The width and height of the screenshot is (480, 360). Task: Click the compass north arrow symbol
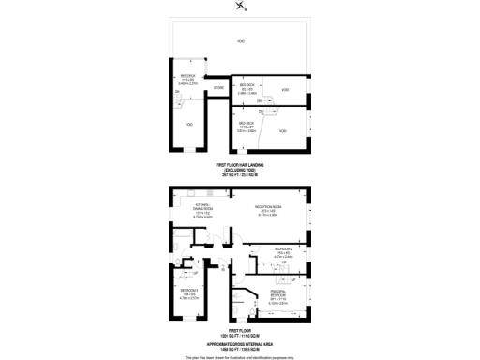pyautogui.click(x=241, y=8)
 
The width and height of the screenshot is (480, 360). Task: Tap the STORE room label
pyautogui.click(x=218, y=88)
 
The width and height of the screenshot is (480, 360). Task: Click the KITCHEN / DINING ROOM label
pyautogui.click(x=202, y=235)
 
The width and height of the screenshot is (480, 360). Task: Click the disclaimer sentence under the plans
pyautogui.click(x=240, y=357)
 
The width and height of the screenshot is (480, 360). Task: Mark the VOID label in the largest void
pyautogui.click(x=240, y=42)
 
